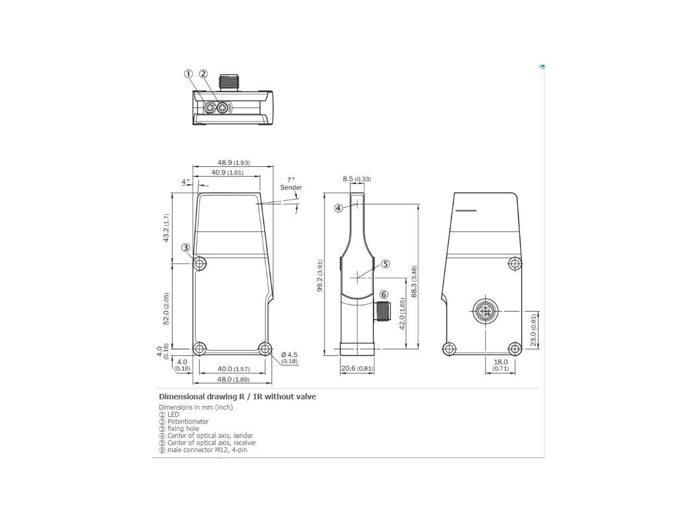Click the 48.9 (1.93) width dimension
pyautogui.click(x=234, y=162)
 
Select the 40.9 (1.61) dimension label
pyautogui.click(x=227, y=172)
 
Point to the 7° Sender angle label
pyautogui.click(x=291, y=184)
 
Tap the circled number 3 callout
pyautogui.click(x=186, y=247)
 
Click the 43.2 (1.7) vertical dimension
pyautogui.click(x=167, y=228)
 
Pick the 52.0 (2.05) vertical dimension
pyautogui.click(x=167, y=308)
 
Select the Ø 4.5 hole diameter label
pyautogui.click(x=289, y=357)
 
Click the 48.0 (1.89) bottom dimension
pyautogui.click(x=234, y=379)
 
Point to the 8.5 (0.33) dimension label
pyautogui.click(x=357, y=179)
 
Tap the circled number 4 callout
pyautogui.click(x=338, y=208)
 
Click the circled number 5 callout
pyautogui.click(x=386, y=264)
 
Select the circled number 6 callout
pyautogui.click(x=383, y=295)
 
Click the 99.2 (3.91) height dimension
pyautogui.click(x=320, y=276)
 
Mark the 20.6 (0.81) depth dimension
pyautogui.click(x=357, y=368)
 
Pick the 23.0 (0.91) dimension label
pyautogui.click(x=534, y=329)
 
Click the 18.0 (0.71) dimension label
pyautogui.click(x=500, y=365)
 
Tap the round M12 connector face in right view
pyautogui.click(x=482, y=311)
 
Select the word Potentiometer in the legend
pyautogui.click(x=188, y=421)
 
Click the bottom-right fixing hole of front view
pyautogui.click(x=265, y=349)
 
